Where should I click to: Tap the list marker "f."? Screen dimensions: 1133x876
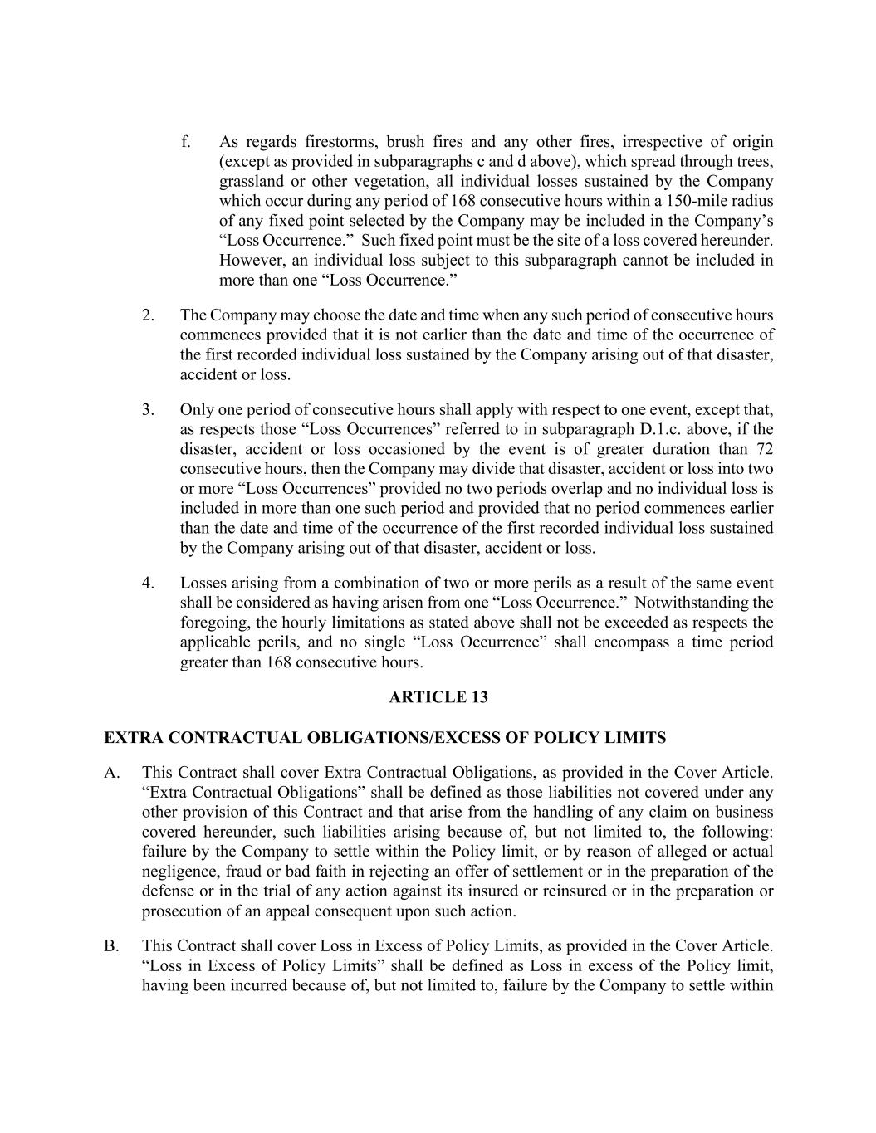point(185,142)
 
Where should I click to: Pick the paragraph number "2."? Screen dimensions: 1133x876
point(148,315)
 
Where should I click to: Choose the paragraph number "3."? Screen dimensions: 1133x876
point(148,410)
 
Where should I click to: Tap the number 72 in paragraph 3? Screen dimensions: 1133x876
point(764,449)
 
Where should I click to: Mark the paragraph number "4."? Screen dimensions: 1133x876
point(148,584)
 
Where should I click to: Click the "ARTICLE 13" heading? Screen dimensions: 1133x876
point(438,697)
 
